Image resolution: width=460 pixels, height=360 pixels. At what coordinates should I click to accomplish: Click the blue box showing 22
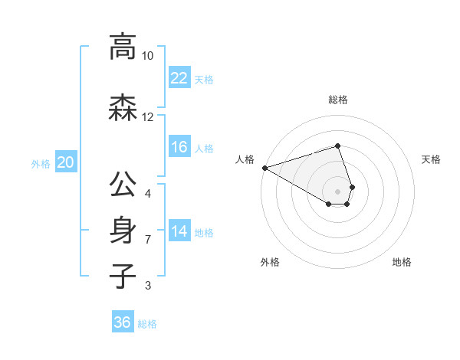[x=179, y=77]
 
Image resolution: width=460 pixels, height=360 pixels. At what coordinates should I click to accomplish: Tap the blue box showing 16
[x=179, y=147]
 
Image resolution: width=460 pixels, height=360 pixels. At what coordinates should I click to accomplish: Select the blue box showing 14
[x=179, y=231]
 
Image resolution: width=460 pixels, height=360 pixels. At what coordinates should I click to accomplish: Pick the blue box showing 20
[x=66, y=162]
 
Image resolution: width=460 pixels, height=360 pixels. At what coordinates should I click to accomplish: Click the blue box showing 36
[x=123, y=322]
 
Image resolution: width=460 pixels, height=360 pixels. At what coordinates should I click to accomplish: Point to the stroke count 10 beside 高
[x=148, y=56]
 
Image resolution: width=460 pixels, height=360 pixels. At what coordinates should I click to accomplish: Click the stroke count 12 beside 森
[x=148, y=117]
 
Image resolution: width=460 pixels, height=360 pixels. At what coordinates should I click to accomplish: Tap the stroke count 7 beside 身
[x=148, y=240]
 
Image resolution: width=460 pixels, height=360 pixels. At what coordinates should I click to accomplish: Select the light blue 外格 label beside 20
[x=41, y=163]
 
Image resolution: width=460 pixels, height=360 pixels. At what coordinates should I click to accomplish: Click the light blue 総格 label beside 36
[x=147, y=324]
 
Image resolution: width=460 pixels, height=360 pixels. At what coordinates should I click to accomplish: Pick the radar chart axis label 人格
[x=245, y=159]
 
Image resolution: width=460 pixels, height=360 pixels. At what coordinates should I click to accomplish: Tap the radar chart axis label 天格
[x=432, y=159]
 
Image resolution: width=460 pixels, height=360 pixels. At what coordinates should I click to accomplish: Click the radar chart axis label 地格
[x=402, y=262]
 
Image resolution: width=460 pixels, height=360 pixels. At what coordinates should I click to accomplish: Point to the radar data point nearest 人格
[x=264, y=168]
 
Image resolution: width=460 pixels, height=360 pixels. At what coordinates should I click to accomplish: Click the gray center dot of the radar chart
[x=337, y=191]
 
